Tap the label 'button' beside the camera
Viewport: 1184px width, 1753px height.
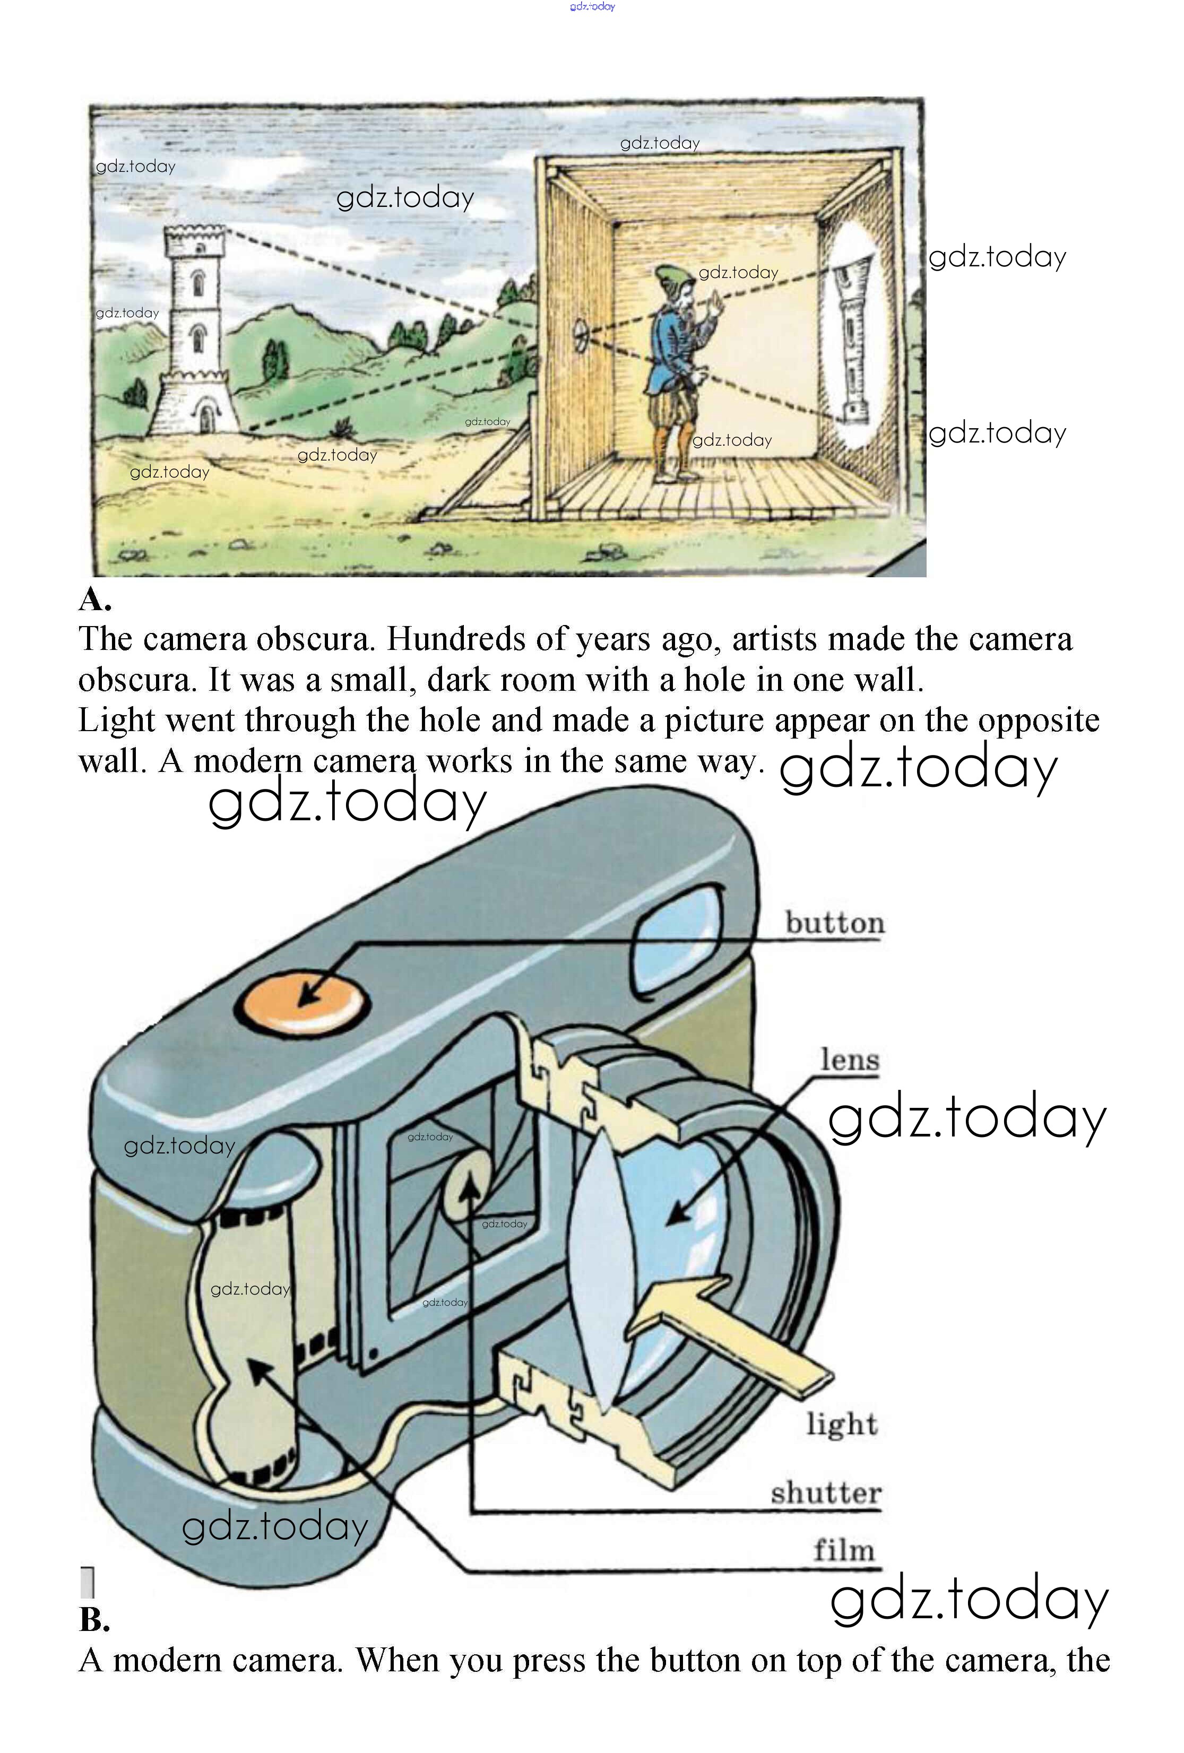click(835, 923)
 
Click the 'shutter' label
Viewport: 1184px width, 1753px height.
click(826, 1492)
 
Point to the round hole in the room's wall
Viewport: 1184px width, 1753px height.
click(581, 335)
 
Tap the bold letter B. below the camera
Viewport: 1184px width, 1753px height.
click(94, 1619)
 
